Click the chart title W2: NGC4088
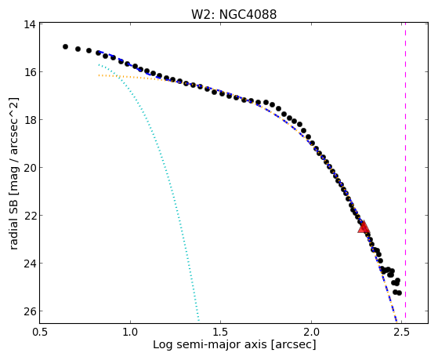coord(233,14)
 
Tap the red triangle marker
coord(364,227)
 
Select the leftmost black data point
coord(65,47)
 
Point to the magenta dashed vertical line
coord(405,170)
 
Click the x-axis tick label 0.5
coord(40,333)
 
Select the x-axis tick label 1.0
coord(130,333)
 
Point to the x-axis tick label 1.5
coord(221,333)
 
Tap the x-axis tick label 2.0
coord(311,333)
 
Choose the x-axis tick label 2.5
coord(401,333)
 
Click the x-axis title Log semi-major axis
coord(210,344)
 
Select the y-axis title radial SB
coord(13,226)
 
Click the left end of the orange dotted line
coord(99,75)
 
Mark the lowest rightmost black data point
coord(399,293)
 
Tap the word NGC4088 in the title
coord(248,14)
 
